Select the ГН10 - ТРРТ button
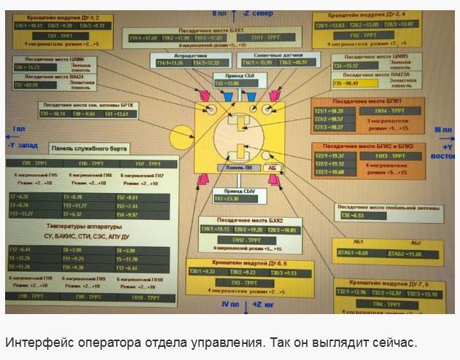(147, 297)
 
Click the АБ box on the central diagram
(271, 168)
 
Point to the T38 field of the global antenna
(356, 216)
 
